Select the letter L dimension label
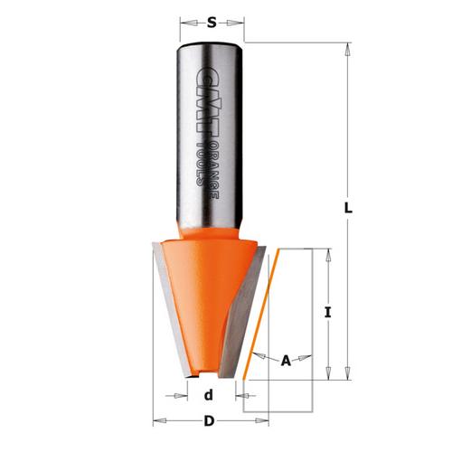348,208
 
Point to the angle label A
286,361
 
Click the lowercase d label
208,395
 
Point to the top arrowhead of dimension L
348,46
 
